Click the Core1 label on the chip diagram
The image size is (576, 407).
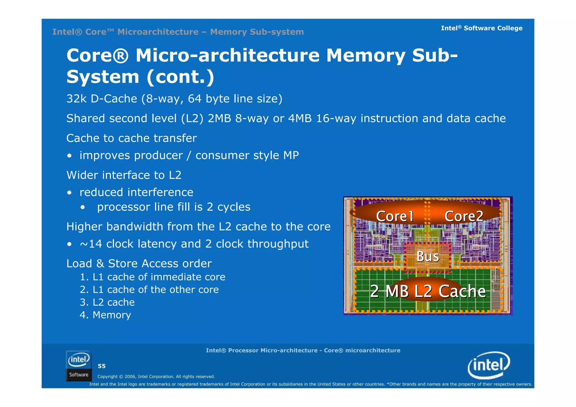[395, 216]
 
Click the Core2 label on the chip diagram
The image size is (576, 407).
[464, 216]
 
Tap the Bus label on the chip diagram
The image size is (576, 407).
[427, 256]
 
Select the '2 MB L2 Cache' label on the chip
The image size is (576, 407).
[428, 291]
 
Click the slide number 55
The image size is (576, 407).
[102, 366]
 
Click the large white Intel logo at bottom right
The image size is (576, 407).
[489, 365]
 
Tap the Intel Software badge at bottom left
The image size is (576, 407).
[79, 366]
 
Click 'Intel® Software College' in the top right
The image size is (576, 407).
[481, 28]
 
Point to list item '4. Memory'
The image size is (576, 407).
[105, 315]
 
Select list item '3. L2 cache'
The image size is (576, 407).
[107, 302]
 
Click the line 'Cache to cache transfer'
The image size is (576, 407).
[131, 138]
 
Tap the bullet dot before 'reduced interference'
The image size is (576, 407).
[69, 193]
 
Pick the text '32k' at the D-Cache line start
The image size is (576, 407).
[76, 99]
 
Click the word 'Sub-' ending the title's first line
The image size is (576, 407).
[435, 55]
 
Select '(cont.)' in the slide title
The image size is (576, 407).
[180, 77]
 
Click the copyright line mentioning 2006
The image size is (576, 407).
[156, 377]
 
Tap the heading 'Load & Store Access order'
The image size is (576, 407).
[139, 264]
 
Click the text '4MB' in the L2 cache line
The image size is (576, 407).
[300, 118]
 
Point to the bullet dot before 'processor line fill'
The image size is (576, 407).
[82, 208]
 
